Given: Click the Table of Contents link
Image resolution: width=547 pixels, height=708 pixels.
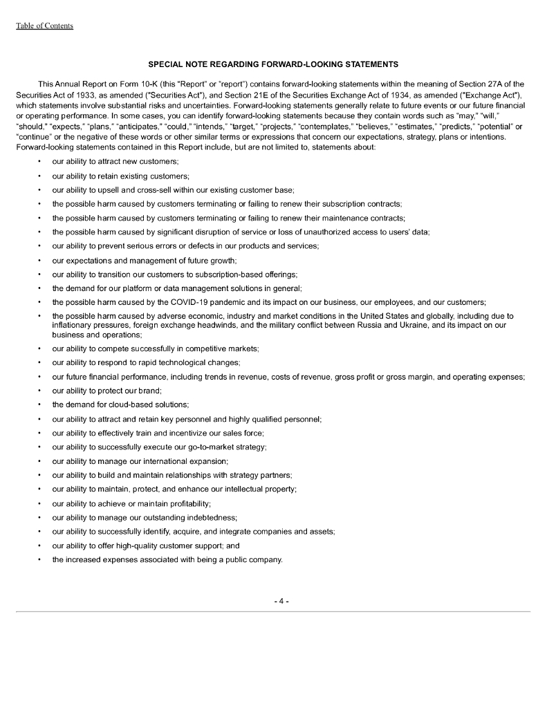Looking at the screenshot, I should [x=44, y=26].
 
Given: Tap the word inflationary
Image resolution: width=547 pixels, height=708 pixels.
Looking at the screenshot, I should [x=73, y=324].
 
